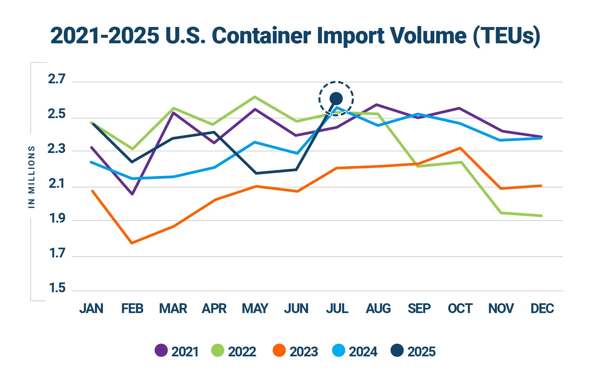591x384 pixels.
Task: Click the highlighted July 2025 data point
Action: (x=336, y=98)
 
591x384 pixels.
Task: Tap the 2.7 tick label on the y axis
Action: (x=57, y=79)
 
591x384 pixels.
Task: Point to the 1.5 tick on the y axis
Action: (x=57, y=288)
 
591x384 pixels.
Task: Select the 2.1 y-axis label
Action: (x=57, y=184)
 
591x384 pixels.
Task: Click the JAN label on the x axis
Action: (x=91, y=309)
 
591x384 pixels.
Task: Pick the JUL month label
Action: (x=337, y=309)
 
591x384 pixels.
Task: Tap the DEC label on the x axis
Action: (x=542, y=309)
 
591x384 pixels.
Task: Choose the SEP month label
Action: (x=419, y=309)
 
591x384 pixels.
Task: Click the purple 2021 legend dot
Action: (x=161, y=350)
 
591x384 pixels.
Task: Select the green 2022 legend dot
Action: (x=218, y=350)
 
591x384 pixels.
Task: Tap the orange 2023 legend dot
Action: (x=279, y=350)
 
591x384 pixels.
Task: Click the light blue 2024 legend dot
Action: (x=339, y=350)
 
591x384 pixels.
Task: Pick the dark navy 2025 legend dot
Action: (x=397, y=350)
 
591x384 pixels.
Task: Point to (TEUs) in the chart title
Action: (x=506, y=35)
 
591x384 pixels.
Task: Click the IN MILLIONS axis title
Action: (x=32, y=177)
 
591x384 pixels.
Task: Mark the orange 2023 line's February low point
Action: (x=132, y=243)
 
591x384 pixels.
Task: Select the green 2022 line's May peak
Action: (x=255, y=97)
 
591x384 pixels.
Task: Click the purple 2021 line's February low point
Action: (x=132, y=194)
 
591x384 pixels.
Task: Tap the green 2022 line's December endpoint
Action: (x=541, y=216)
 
